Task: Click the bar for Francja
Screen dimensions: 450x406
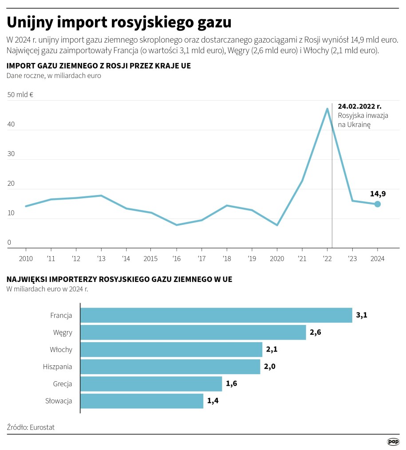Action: tap(216, 315)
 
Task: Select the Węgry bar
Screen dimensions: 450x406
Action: tap(193, 332)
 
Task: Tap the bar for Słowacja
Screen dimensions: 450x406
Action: tap(142, 401)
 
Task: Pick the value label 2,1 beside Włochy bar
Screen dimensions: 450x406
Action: tap(272, 349)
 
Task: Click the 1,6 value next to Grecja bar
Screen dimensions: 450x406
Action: tap(231, 383)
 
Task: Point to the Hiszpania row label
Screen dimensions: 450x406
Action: tap(57, 367)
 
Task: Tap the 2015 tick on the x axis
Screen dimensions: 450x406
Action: tap(151, 258)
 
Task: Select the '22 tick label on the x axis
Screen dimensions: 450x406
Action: tap(327, 258)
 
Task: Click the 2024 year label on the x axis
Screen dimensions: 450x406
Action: tap(377, 258)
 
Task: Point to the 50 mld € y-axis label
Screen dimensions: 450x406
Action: tap(20, 94)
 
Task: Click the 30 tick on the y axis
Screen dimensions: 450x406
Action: tap(11, 154)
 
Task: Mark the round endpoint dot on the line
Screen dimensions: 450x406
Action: tap(377, 204)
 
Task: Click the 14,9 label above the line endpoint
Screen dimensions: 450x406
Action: tap(378, 193)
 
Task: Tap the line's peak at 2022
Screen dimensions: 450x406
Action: tap(327, 109)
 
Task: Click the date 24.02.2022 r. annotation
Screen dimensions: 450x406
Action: tap(359, 106)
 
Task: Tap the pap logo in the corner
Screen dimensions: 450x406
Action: tap(393, 441)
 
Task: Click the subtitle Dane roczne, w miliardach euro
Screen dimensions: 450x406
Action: tap(54, 75)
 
